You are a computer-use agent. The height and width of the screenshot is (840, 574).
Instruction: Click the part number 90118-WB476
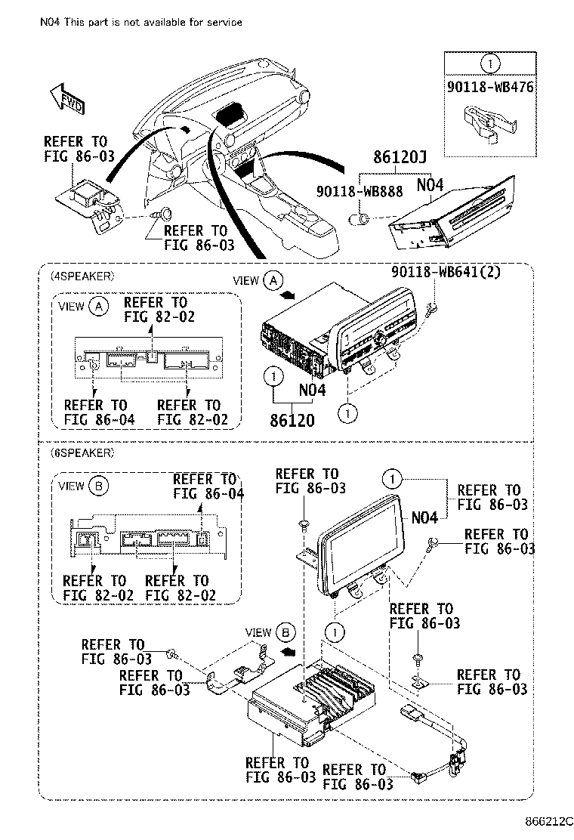[x=489, y=87]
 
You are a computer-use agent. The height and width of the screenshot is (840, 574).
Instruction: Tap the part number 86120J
[x=399, y=158]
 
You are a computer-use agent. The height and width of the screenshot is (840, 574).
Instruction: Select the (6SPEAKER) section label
[x=82, y=453]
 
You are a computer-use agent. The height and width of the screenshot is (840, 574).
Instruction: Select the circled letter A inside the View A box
[x=97, y=306]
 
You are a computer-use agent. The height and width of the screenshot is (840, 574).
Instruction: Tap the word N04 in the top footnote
[x=50, y=23]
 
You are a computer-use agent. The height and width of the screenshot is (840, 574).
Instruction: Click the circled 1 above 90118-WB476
[x=489, y=63]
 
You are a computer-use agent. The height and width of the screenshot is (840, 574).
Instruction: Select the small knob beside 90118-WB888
[x=361, y=220]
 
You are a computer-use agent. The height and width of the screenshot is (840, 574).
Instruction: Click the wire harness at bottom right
[x=446, y=748]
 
